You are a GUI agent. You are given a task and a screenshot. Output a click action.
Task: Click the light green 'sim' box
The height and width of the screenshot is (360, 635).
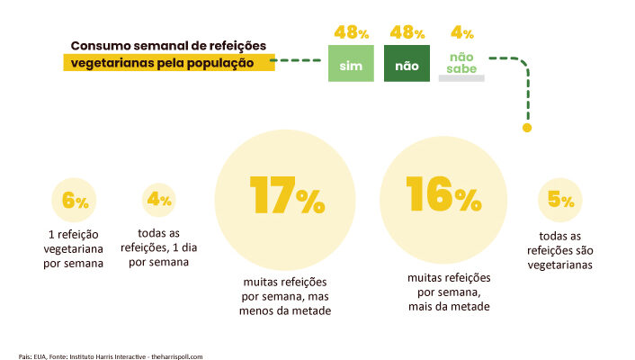point(350,66)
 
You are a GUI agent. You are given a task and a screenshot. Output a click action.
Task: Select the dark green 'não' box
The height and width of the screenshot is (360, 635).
point(407,66)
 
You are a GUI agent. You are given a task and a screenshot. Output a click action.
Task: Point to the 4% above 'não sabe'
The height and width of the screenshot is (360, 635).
point(462,34)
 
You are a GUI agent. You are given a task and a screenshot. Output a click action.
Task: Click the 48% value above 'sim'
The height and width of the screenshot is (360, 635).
point(351,33)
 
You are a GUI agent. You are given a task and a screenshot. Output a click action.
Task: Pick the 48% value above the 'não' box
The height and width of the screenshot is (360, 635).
point(407,33)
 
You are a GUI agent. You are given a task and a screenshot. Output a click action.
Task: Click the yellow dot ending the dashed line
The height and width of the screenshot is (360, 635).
point(527,128)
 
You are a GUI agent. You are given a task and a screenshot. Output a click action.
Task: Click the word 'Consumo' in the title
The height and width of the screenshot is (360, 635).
point(101,46)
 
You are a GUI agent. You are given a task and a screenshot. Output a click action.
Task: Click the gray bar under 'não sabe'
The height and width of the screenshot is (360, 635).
point(461,79)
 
